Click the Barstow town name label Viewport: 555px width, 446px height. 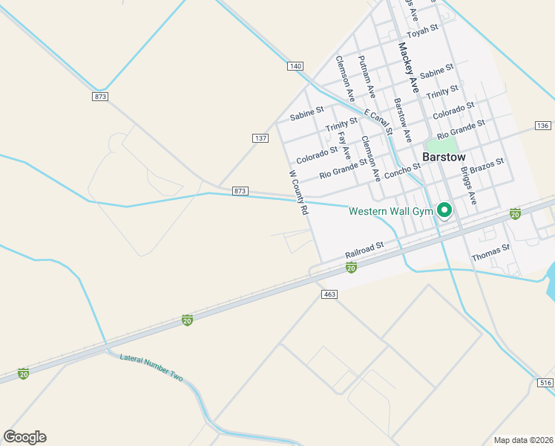[x=444, y=158]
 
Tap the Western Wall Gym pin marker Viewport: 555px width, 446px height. [x=445, y=211]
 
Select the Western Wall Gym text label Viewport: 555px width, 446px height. [x=390, y=212]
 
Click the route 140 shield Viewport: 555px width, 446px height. [x=295, y=66]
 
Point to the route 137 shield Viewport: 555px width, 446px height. [x=260, y=138]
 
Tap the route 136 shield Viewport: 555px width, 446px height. [x=543, y=125]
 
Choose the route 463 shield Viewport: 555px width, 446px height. [x=330, y=294]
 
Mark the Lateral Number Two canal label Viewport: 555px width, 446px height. [x=151, y=366]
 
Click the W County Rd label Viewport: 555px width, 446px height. [x=298, y=193]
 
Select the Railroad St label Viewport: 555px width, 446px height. [x=364, y=250]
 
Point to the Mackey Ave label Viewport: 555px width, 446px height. [x=409, y=68]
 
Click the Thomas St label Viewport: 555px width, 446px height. [x=490, y=253]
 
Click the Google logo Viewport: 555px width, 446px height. [x=24, y=437]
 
